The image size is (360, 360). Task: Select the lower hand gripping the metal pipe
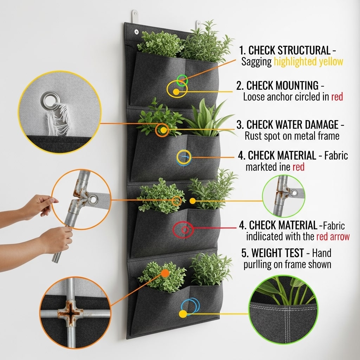pos(56,240)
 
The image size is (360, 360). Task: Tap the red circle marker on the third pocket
pos(184,230)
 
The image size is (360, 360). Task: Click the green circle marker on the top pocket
pos(182,80)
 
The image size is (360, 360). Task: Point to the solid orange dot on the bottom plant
pos(165,273)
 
